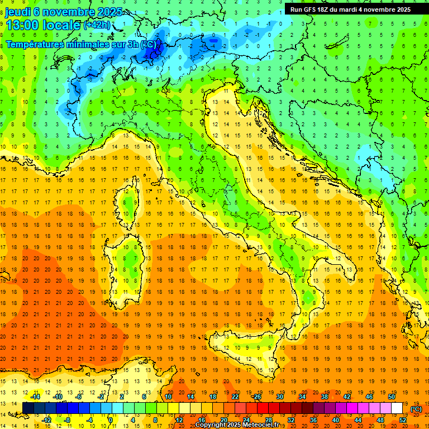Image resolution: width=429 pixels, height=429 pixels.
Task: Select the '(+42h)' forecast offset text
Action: coord(97,25)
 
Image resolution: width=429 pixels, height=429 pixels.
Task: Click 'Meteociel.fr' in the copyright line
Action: coord(264,425)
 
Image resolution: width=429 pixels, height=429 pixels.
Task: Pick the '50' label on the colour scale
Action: coord(391,397)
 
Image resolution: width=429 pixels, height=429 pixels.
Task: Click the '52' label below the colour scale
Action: coord(403,420)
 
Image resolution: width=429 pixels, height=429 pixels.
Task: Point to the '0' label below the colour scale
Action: coord(110,420)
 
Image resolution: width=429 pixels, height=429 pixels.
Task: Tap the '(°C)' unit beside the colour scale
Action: coord(416,408)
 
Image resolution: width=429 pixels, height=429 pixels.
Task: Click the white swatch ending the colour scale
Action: coord(397,408)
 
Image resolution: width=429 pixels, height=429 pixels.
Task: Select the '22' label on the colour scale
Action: coord(235,397)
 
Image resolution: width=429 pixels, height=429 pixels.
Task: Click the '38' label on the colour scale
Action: coord(324,397)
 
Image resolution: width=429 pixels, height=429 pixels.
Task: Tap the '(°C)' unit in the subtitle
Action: coord(147,44)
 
